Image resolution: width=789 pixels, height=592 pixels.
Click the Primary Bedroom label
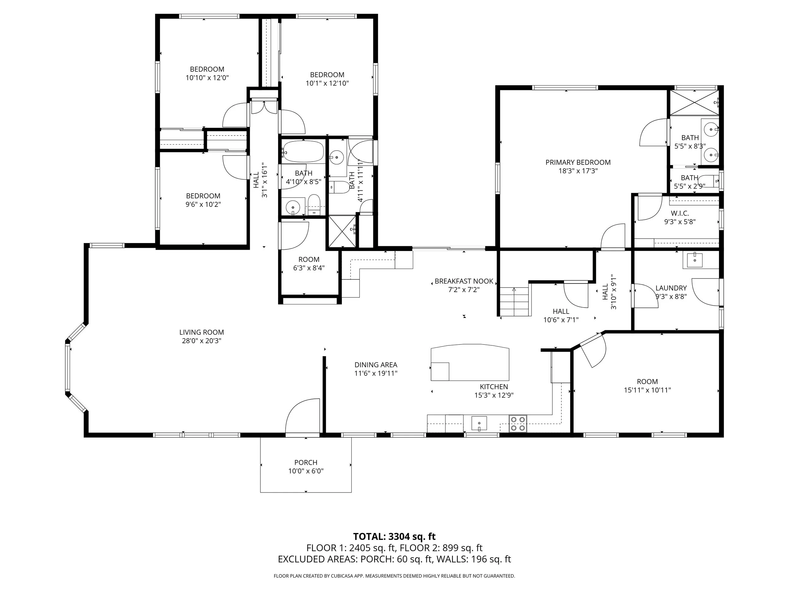tap(578, 162)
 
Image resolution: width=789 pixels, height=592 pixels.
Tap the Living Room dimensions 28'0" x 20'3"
tap(202, 341)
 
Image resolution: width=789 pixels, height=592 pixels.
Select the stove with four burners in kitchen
tap(518, 424)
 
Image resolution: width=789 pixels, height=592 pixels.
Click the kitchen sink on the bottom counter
tap(479, 423)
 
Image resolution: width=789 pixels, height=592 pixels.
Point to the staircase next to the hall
tap(513, 302)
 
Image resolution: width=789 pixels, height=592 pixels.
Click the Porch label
tap(306, 463)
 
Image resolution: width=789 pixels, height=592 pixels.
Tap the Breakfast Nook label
tap(464, 281)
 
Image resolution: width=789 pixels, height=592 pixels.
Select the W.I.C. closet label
tap(679, 213)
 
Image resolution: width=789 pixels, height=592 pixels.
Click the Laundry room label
tap(671, 288)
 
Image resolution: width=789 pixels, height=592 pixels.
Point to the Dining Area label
tap(376, 365)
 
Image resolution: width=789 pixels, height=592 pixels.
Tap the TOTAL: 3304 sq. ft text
tap(394, 536)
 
